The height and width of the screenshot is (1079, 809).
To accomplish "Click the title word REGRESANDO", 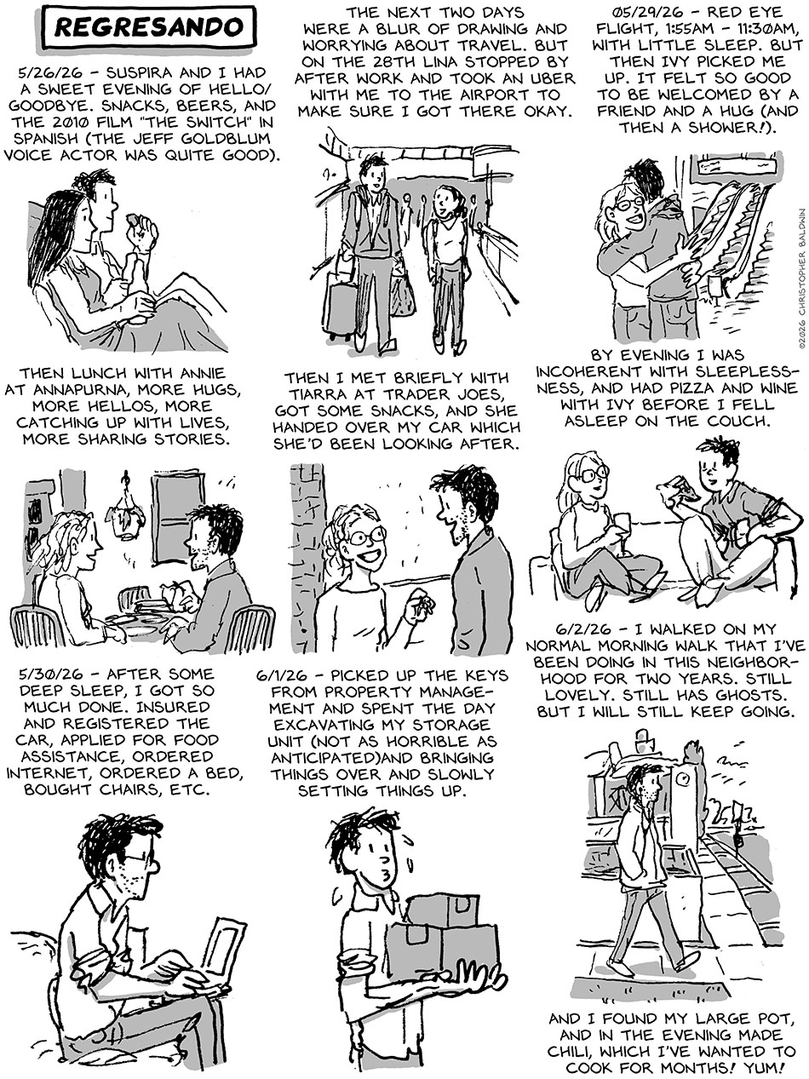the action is (149, 27).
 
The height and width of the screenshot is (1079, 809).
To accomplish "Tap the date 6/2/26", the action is (584, 628).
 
